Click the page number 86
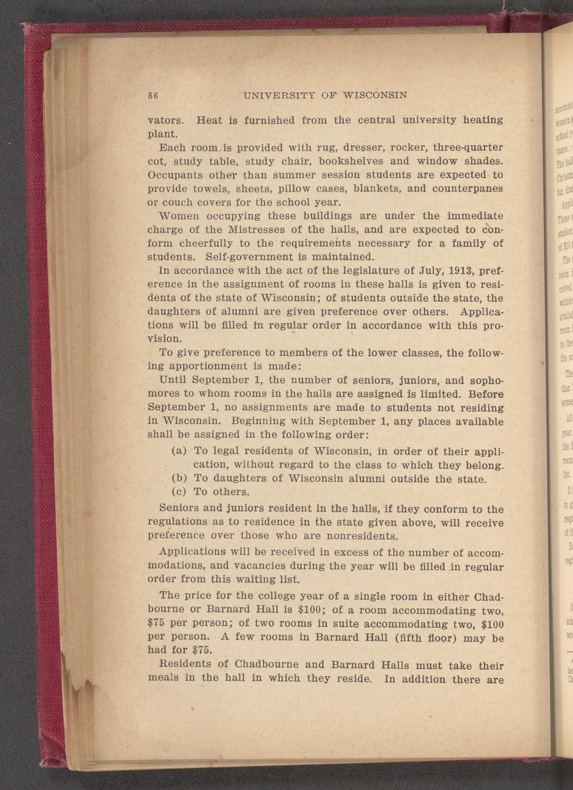click(x=153, y=95)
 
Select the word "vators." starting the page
click(x=166, y=121)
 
